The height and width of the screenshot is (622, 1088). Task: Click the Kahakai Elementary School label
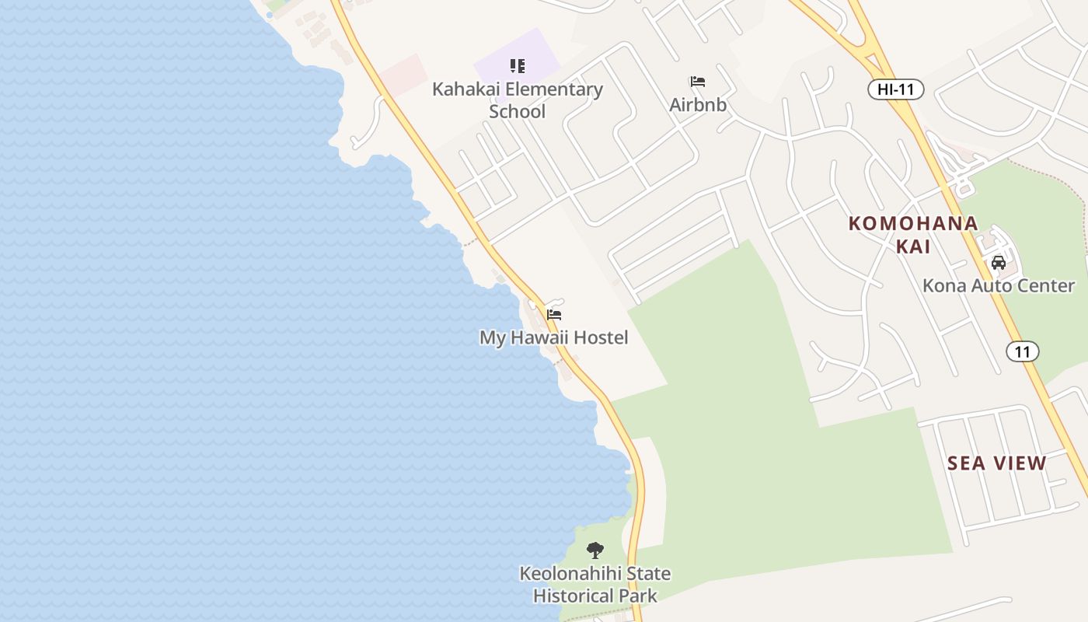pyautogui.click(x=517, y=100)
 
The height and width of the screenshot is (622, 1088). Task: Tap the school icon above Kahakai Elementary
pyautogui.click(x=518, y=66)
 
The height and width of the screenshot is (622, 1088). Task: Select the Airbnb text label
pyautogui.click(x=698, y=105)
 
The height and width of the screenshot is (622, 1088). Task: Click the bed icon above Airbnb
pyautogui.click(x=698, y=82)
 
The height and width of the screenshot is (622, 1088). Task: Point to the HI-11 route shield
pyautogui.click(x=895, y=89)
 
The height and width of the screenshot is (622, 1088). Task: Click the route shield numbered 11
pyautogui.click(x=1023, y=351)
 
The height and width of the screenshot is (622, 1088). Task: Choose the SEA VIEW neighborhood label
pyautogui.click(x=997, y=463)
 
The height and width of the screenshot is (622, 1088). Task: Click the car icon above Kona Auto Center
pyautogui.click(x=999, y=263)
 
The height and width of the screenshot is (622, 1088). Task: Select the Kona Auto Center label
pyautogui.click(x=999, y=286)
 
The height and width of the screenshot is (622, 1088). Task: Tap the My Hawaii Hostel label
pyautogui.click(x=553, y=338)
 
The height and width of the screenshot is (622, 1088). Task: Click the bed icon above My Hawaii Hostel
pyautogui.click(x=554, y=315)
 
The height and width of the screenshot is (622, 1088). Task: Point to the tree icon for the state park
pyautogui.click(x=595, y=550)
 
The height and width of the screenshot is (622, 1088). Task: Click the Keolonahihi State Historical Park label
pyautogui.click(x=595, y=585)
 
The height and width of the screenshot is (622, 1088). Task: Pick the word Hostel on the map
pyautogui.click(x=600, y=338)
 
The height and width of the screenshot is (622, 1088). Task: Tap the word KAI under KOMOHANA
pyautogui.click(x=913, y=246)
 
